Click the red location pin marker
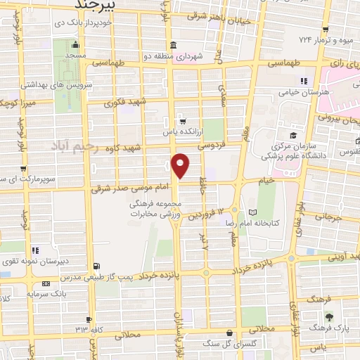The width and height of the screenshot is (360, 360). click(x=181, y=165)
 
